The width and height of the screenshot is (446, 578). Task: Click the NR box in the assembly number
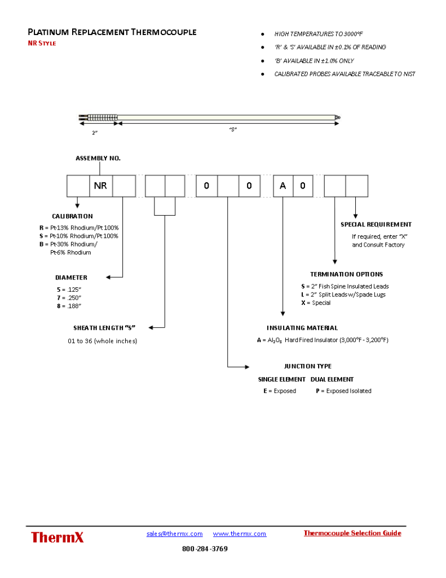101,186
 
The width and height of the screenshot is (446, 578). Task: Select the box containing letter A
283,186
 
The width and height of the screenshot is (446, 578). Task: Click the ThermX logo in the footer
57,537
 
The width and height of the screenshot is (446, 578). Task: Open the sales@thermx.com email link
174,533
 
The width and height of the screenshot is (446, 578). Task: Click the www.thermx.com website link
240,533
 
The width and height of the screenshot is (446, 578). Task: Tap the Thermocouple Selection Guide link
352,533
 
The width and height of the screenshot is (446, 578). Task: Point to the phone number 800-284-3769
205,549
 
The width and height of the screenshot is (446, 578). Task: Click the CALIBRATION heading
72,216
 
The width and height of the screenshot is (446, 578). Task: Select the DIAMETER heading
71,278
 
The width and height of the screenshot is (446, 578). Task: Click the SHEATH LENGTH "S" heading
105,328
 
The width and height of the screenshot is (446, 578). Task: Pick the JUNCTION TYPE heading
307,366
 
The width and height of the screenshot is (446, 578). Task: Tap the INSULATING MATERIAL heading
302,328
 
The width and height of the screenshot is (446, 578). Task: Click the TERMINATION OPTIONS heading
346,274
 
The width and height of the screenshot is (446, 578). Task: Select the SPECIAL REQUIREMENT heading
376,225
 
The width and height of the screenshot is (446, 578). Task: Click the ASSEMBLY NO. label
98,159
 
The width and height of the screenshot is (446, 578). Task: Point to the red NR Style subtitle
42,43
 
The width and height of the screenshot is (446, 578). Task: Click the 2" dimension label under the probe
95,133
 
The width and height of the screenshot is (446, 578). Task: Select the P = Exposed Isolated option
343,391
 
